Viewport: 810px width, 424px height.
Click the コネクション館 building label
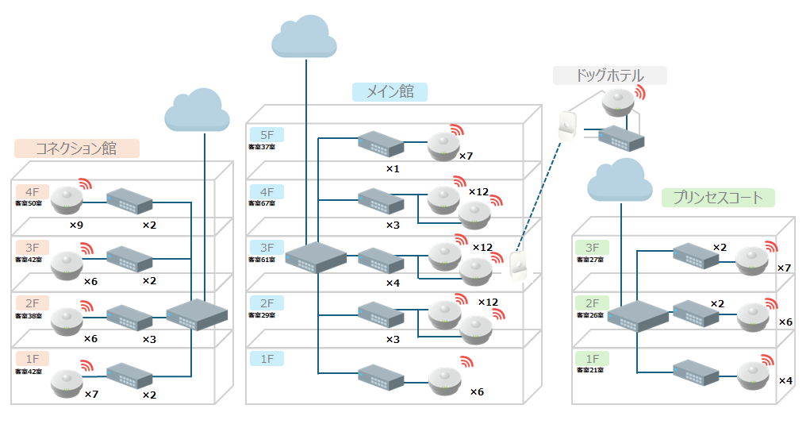(77, 148)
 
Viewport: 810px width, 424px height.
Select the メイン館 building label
(390, 91)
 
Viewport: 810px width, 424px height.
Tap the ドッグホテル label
(609, 75)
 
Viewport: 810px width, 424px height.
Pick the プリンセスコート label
(718, 198)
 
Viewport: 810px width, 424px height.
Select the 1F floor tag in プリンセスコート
(593, 359)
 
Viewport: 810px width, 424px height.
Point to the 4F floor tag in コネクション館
(32, 191)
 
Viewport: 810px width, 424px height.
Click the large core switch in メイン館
(316, 256)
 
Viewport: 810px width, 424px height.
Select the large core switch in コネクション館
(197, 314)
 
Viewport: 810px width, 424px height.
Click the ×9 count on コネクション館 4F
(76, 225)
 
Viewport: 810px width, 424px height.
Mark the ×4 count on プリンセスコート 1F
(785, 380)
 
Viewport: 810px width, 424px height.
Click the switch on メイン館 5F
(381, 144)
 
